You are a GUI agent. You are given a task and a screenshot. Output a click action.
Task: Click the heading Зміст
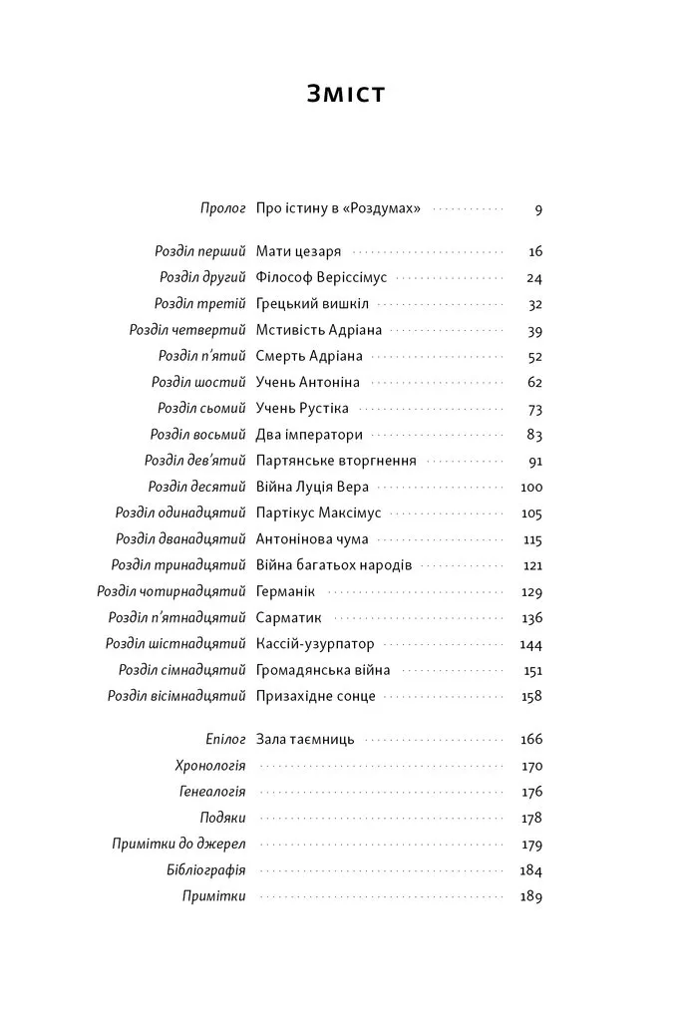[x=345, y=95]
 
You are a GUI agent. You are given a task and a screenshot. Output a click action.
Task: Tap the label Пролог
[x=222, y=209]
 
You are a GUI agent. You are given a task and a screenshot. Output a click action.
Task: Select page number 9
[x=537, y=210]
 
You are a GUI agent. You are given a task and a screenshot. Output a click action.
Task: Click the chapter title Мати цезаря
[x=298, y=251]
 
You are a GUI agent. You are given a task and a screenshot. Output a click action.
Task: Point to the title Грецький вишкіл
[x=312, y=304]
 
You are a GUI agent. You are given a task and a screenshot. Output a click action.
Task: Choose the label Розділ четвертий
[x=187, y=330]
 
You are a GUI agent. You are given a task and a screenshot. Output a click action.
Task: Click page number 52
[x=534, y=356]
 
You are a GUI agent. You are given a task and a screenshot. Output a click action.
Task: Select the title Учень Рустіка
[x=302, y=408]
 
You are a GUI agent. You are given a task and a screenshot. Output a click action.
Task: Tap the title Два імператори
[x=309, y=435]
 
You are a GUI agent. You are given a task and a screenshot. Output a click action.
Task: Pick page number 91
[x=534, y=461]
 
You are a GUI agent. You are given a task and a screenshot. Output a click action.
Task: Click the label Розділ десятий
[x=196, y=487]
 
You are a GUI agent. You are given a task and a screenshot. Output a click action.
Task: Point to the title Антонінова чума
[x=312, y=539]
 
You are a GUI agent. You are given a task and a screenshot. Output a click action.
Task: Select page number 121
[x=532, y=565]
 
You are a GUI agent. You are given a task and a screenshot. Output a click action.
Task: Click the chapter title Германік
[x=285, y=591]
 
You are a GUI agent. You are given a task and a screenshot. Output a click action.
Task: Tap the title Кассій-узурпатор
[x=314, y=644]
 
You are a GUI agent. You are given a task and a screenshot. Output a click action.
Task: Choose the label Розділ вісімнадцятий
[x=176, y=696]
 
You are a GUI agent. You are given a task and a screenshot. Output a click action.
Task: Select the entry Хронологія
[x=209, y=766]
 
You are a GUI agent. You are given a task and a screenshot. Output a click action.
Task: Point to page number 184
[x=530, y=870]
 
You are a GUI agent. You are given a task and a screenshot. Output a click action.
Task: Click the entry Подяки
[x=222, y=818]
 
